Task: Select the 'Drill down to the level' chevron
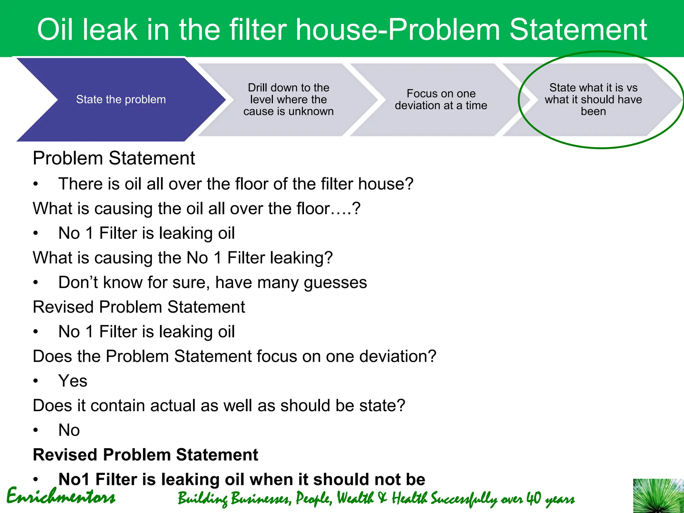[288, 100]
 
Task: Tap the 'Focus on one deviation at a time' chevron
[441, 100]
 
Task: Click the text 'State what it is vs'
[593, 88]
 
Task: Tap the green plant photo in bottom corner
[658, 496]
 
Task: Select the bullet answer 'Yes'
[73, 381]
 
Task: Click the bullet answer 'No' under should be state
[69, 430]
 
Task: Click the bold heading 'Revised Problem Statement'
[145, 455]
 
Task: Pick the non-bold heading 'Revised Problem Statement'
[139, 307]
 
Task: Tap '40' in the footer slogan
[533, 498]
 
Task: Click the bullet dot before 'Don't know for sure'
[36, 283]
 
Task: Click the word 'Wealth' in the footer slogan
[355, 498]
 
